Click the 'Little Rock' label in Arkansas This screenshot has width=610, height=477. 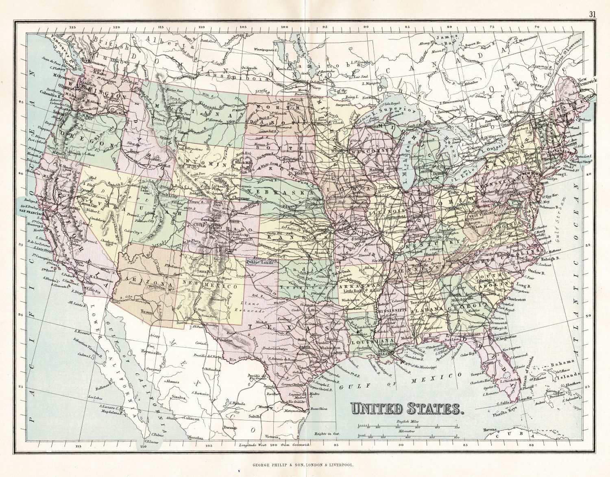coord(353,291)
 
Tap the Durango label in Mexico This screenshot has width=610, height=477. coord(230,428)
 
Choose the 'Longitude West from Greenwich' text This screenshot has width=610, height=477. coord(274,444)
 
